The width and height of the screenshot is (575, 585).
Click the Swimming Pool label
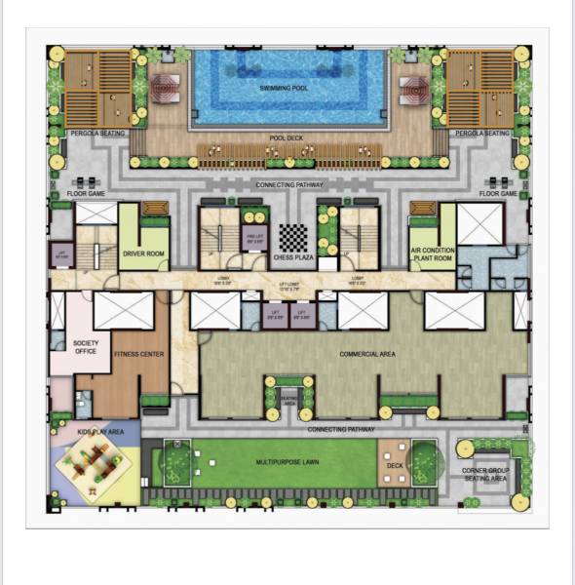coord(287,88)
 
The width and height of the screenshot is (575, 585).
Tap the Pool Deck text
coord(287,138)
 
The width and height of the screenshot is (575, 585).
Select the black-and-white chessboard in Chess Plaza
coord(293,237)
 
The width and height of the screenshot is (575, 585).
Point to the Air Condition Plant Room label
coord(432,253)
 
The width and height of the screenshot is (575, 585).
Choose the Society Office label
coord(85,347)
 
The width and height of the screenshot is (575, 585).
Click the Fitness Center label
coord(138,354)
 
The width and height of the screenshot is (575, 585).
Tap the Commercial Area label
coord(366,354)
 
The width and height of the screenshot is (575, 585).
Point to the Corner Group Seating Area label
coord(484,475)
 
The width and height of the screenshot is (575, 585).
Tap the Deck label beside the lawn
coord(394,466)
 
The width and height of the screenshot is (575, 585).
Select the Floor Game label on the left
coord(86,194)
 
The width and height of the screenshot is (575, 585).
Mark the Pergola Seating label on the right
coord(482,133)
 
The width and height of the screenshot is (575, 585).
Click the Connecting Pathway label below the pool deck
coord(288,184)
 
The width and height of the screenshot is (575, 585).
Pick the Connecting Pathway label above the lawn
coord(341,429)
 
